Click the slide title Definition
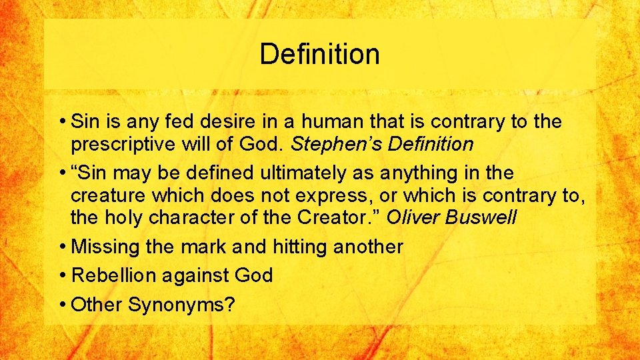(319, 54)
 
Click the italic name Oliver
(417, 217)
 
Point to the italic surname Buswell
(483, 217)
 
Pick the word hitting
(301, 247)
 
